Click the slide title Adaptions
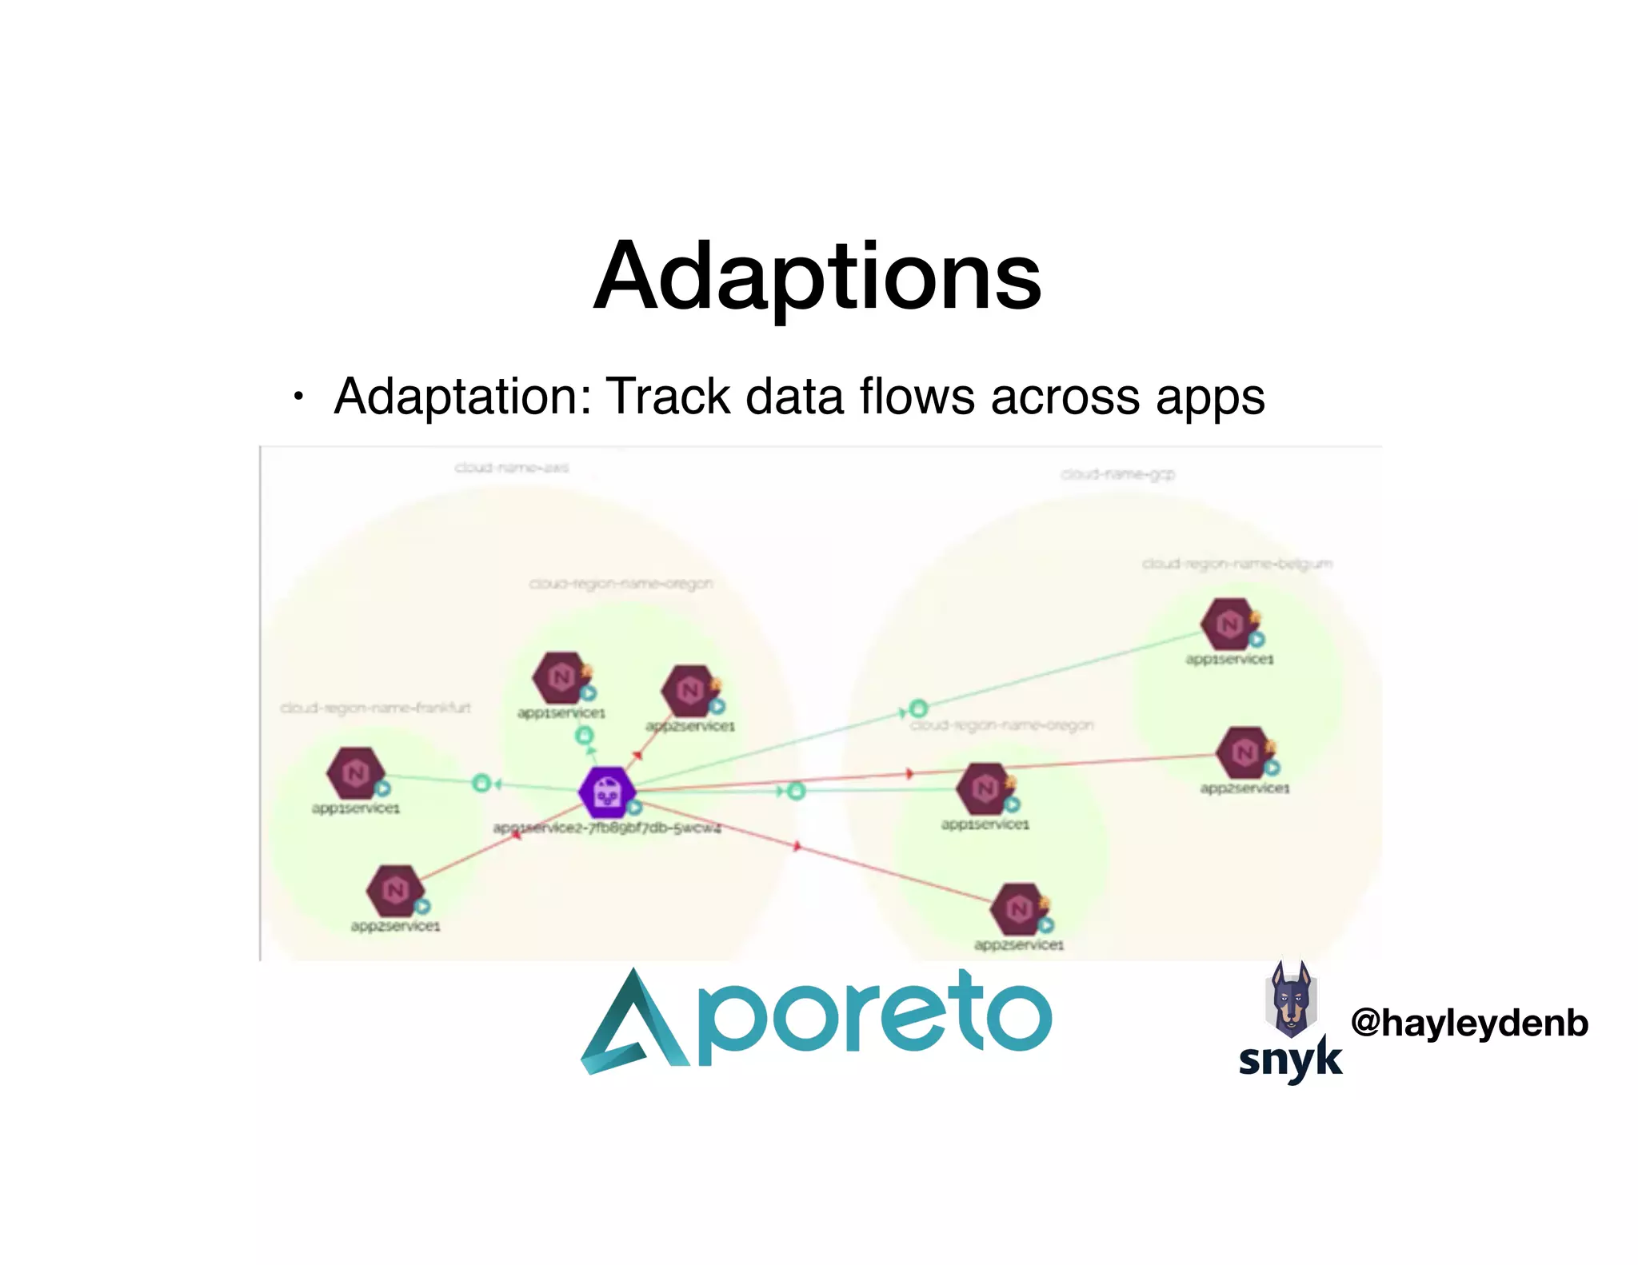coord(817,276)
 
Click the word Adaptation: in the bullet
coord(462,397)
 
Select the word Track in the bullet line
coord(668,397)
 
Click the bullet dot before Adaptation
coord(298,397)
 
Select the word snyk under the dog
coord(1289,1059)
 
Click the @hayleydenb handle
coord(1468,1023)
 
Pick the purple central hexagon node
coord(607,792)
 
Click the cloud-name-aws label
coord(512,468)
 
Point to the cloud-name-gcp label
coord(1117,475)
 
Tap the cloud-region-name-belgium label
coord(1236,565)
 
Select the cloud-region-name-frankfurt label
coord(375,708)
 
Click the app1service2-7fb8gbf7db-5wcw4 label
coord(607,828)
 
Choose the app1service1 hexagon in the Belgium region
coord(1229,624)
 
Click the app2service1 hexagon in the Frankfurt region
coord(394,890)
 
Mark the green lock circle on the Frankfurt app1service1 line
coord(481,783)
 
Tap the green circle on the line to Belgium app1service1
coord(919,708)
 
